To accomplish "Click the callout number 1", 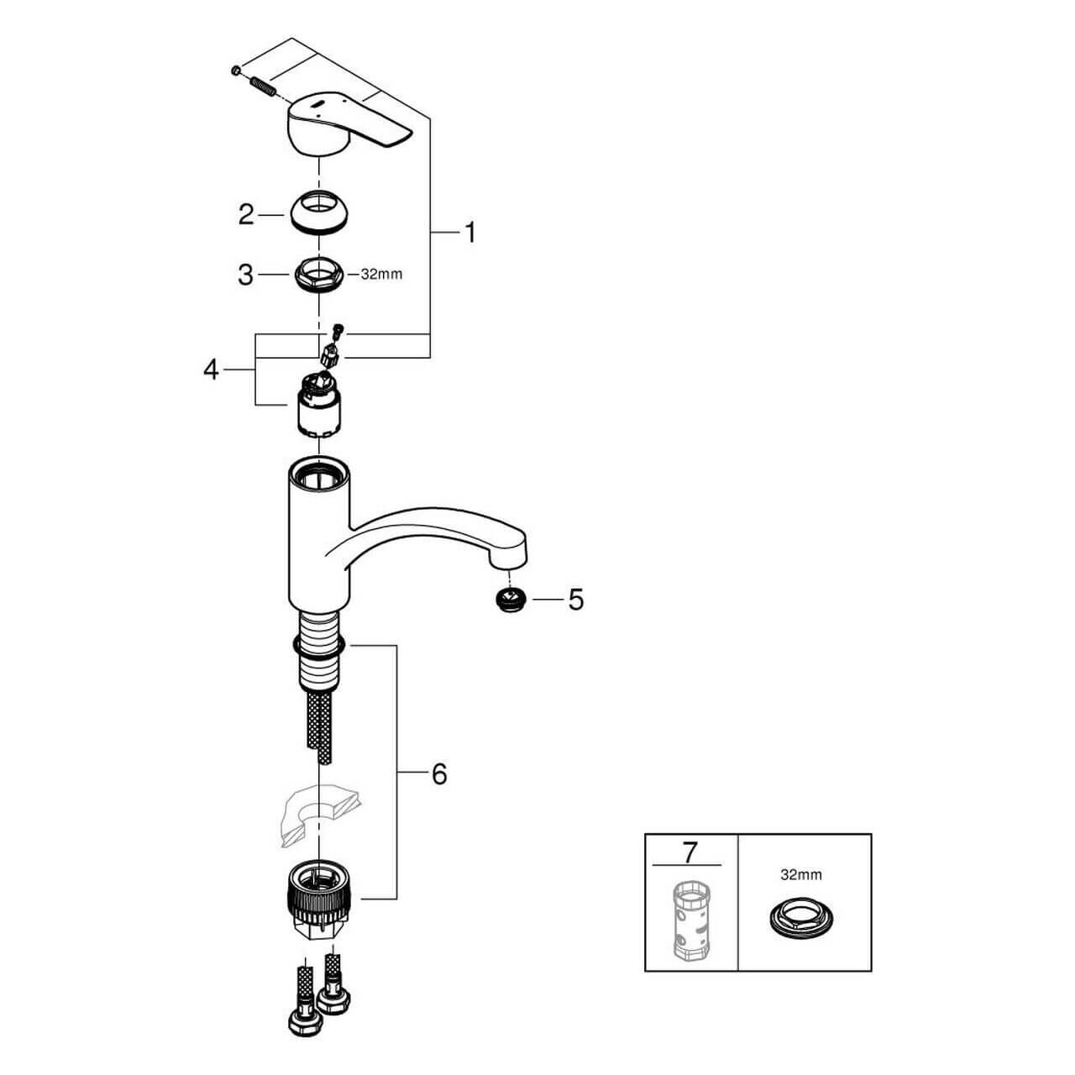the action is (x=470, y=233).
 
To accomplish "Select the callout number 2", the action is (x=246, y=215).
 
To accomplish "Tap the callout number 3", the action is (x=245, y=275).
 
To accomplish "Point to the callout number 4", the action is (x=210, y=370).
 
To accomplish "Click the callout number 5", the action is (x=576, y=600).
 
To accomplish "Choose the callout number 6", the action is (x=439, y=774).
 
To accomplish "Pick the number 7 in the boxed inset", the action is (x=690, y=852).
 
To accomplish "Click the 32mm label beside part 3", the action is (x=381, y=275).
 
